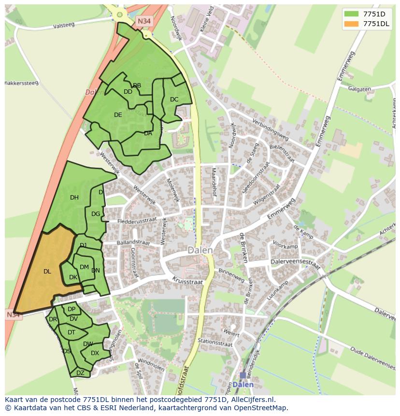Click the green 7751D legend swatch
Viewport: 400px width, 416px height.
click(x=351, y=14)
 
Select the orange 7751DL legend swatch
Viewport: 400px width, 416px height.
click(x=351, y=24)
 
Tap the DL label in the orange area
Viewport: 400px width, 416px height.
click(x=47, y=272)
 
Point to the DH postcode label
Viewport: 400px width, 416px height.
click(x=74, y=197)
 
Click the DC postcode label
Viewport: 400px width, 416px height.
click(x=174, y=100)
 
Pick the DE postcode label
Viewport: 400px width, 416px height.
click(x=118, y=115)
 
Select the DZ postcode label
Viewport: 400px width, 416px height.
click(x=80, y=373)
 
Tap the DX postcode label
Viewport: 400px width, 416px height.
click(x=95, y=353)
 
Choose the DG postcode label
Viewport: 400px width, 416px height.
click(x=96, y=214)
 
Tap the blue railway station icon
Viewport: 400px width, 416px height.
click(x=243, y=375)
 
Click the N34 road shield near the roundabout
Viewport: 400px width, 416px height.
click(x=143, y=21)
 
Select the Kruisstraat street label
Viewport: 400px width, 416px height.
click(x=187, y=280)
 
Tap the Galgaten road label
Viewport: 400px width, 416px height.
click(x=359, y=89)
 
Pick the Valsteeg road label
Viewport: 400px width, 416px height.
click(x=64, y=25)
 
